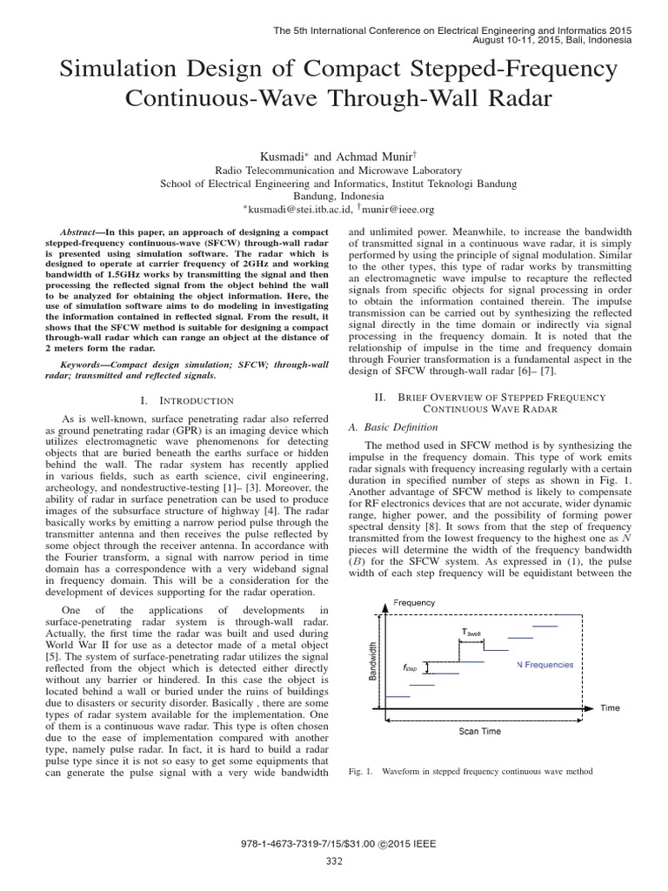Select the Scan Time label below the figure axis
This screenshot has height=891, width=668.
pyautogui.click(x=480, y=731)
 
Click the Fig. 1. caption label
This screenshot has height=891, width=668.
pyautogui.click(x=359, y=772)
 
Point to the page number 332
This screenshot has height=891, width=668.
pyautogui.click(x=334, y=861)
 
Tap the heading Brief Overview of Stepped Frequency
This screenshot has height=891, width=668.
pyautogui.click(x=501, y=397)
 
